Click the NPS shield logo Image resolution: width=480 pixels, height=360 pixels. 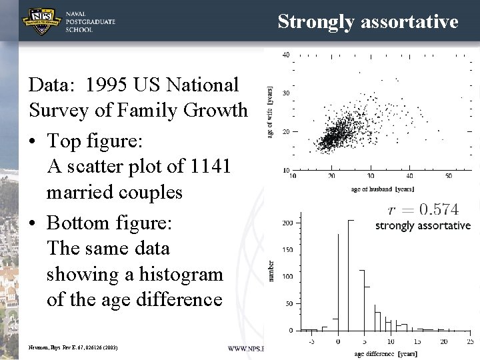tap(43, 22)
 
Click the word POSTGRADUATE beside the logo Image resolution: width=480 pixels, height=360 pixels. tap(91, 22)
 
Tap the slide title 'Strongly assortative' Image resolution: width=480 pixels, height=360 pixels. tap(368, 21)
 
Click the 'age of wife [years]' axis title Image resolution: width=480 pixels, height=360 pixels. tap(270, 112)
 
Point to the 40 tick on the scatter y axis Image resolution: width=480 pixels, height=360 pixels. tap(285, 55)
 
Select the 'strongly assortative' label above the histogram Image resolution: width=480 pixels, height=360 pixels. tap(423, 226)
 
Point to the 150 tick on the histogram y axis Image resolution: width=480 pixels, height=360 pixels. tap(287, 250)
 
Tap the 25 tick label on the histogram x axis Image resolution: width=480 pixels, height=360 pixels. tap(470, 341)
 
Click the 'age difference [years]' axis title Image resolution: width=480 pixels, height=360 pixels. tap(386, 353)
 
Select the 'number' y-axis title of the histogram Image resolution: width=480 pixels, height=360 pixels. tap(271, 270)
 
